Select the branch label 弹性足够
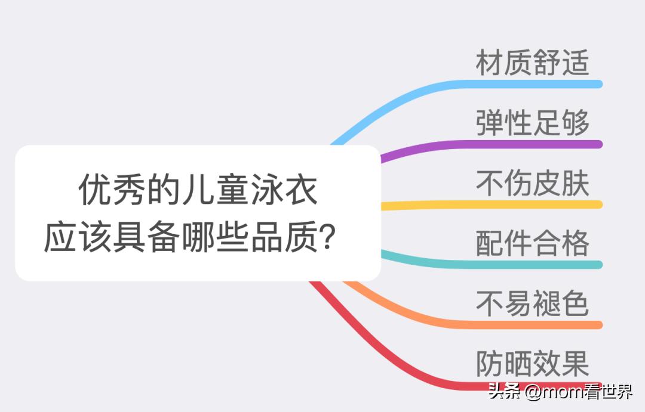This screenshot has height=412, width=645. coord(532,123)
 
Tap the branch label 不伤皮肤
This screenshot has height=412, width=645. coord(532,184)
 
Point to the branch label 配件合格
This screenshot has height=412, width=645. coord(532,243)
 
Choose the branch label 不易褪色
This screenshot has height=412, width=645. coord(532,303)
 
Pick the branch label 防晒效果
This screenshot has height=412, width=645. coord(532,363)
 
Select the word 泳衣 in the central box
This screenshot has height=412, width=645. coord(283,190)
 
